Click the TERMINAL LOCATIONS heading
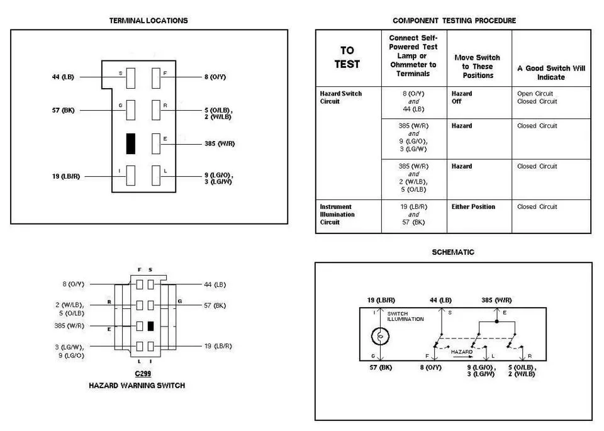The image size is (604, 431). point(148,20)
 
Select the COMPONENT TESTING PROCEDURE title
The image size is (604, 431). point(454,20)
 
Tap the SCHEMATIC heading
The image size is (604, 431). point(453,252)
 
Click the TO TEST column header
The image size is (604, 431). point(347,57)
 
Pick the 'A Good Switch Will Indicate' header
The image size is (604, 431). point(551,72)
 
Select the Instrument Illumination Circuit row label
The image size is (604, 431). point(337,214)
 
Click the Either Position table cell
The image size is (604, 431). point(473,206)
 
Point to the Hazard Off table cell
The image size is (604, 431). point(461,98)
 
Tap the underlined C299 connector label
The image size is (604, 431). point(143,374)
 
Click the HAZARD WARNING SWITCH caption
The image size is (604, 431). point(137,385)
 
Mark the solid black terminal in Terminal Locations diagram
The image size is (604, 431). point(131,143)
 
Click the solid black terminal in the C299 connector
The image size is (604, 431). point(150,326)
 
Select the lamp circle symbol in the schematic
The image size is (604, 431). point(380,336)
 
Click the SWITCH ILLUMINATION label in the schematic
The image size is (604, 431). point(405,316)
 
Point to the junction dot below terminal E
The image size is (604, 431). point(497,322)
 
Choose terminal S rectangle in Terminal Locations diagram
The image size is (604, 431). point(131,78)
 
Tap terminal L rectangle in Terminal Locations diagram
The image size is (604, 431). point(155,176)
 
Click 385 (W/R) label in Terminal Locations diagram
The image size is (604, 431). point(220,143)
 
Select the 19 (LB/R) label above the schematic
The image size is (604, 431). point(381,300)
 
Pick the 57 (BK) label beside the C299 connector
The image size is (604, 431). point(215,305)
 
